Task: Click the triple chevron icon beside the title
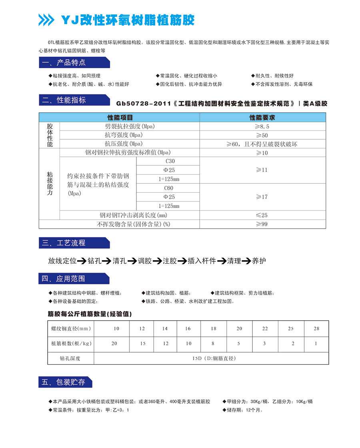(46, 20)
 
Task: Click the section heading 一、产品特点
(64, 62)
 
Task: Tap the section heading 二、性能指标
(64, 100)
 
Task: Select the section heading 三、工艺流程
(64, 243)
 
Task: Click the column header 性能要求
(262, 118)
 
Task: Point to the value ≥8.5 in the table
(264, 127)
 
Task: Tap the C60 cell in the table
(168, 188)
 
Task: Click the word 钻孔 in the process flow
(94, 261)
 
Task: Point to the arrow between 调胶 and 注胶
(157, 261)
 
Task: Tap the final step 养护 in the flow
(259, 261)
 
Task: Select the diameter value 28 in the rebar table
(316, 329)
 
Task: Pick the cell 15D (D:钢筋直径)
(214, 358)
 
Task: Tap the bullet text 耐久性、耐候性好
(274, 76)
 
